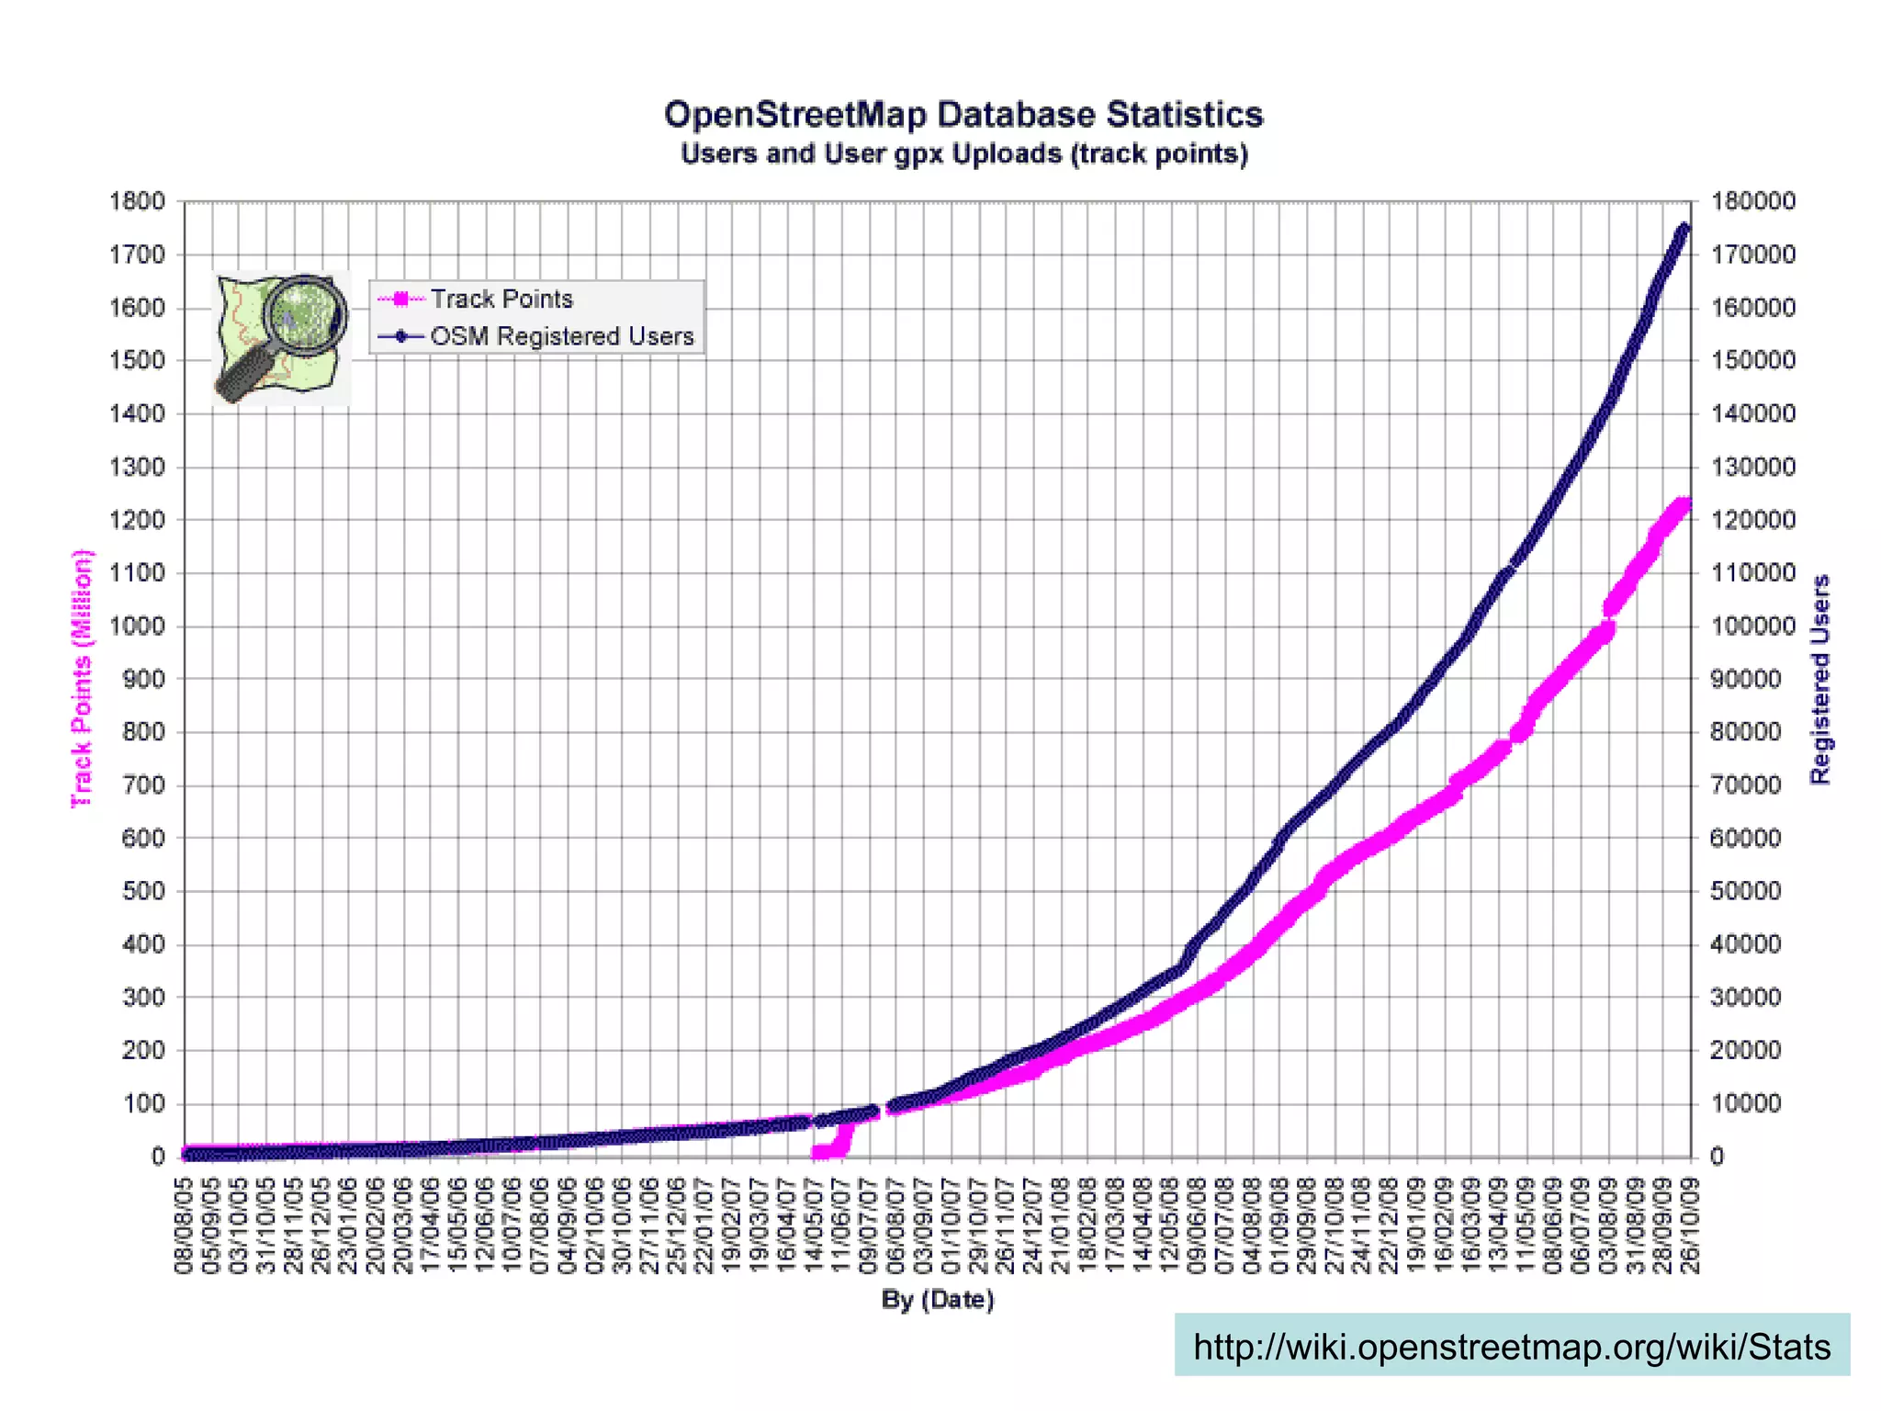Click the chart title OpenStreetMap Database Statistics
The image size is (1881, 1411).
point(963,115)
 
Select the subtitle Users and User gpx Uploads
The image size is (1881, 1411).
point(963,153)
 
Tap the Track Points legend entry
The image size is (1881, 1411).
point(501,299)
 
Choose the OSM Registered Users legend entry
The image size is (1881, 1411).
point(561,336)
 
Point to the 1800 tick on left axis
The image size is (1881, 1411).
point(137,201)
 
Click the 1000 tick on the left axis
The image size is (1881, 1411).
point(137,626)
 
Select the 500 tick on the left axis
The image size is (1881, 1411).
point(142,891)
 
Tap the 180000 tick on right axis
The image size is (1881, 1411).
point(1751,201)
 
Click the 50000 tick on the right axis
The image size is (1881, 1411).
point(1745,891)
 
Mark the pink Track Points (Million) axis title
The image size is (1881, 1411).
point(83,678)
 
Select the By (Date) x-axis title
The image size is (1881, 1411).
point(938,1299)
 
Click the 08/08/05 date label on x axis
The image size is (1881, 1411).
point(184,1225)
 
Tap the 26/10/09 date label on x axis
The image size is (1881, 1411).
point(1691,1225)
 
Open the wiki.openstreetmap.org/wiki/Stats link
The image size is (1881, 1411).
point(1511,1347)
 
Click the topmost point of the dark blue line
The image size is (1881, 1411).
point(1684,228)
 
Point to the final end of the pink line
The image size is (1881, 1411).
point(1685,504)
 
